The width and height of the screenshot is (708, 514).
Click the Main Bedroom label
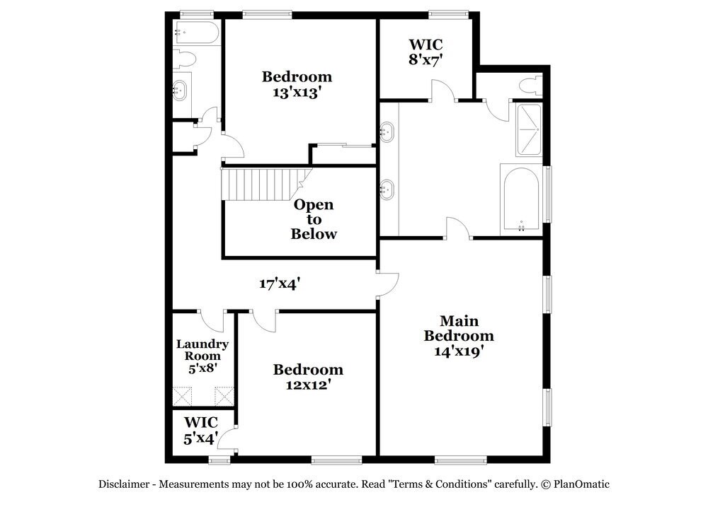point(458,328)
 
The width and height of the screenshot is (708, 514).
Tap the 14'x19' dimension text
point(458,350)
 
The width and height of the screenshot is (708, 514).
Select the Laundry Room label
point(202,350)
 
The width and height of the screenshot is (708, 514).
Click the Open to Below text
point(314,219)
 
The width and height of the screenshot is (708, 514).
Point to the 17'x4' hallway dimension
point(280,284)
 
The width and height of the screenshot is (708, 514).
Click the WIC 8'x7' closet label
point(426,52)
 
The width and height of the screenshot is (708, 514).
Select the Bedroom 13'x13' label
point(297,83)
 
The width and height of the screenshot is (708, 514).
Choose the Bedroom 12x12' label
point(308,376)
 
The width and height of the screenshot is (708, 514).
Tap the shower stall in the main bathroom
point(527,130)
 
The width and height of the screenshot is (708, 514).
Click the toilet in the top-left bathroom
point(185,59)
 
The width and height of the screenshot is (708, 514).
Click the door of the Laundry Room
point(211,320)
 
